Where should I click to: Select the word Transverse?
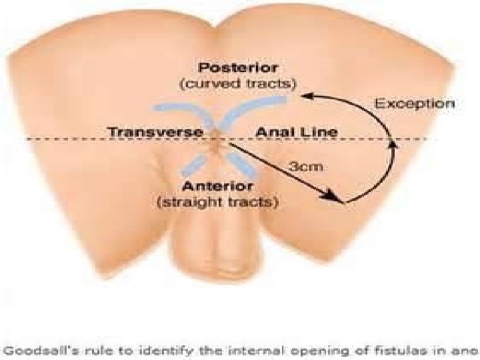click(x=156, y=132)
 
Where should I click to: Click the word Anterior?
click(x=217, y=185)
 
